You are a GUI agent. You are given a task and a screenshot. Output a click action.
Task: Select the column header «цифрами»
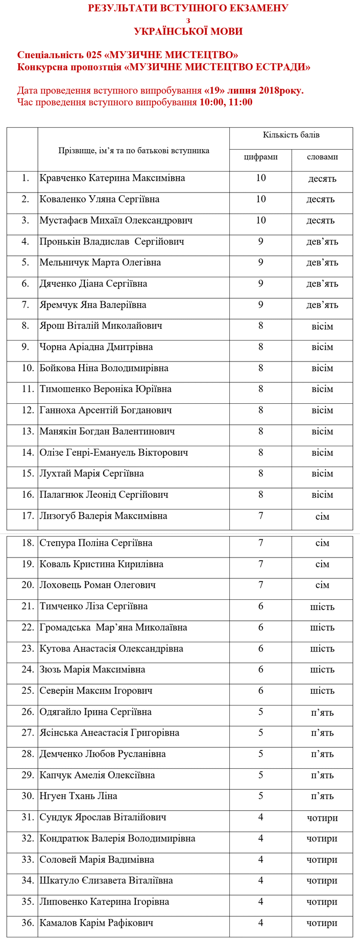click(260, 157)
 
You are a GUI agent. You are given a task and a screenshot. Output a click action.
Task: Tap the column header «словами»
click(322, 157)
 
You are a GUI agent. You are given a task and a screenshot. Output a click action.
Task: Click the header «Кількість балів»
click(291, 135)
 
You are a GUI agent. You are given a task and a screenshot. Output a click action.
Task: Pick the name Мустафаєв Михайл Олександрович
click(116, 221)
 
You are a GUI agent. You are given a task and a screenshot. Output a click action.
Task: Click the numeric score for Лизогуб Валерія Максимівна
click(260, 516)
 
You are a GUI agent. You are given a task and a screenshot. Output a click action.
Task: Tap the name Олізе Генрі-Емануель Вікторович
click(113, 452)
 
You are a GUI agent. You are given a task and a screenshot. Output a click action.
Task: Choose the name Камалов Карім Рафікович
click(96, 923)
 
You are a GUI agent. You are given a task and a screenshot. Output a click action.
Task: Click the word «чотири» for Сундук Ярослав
click(322, 818)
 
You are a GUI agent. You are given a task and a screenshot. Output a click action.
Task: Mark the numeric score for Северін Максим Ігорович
click(260, 690)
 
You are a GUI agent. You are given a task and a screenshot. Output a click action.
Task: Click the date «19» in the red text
click(214, 90)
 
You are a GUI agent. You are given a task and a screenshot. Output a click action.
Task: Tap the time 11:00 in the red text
click(241, 102)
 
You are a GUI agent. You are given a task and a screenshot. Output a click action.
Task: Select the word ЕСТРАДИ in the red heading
click(285, 67)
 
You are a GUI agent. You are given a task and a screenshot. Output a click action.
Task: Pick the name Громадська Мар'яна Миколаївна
click(113, 627)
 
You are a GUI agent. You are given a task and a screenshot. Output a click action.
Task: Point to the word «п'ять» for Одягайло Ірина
click(322, 712)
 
